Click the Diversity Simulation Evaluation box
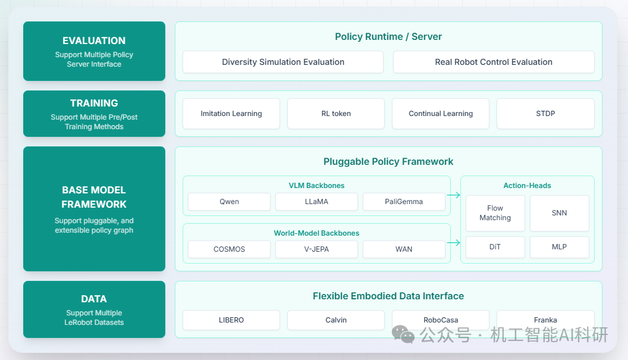(x=283, y=62)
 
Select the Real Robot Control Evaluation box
(x=494, y=62)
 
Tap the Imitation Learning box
(x=231, y=114)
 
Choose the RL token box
(x=336, y=114)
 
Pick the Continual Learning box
(x=441, y=114)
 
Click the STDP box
(x=545, y=114)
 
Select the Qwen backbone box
(x=229, y=202)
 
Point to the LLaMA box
(x=316, y=202)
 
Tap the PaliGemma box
(x=404, y=202)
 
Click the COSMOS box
(x=229, y=249)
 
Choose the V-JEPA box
(x=316, y=249)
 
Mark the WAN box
(x=404, y=249)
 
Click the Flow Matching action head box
(x=495, y=213)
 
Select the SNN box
(x=559, y=213)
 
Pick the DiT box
(x=495, y=247)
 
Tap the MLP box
(x=559, y=247)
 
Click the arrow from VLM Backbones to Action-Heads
(x=454, y=195)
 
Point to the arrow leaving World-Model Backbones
(x=454, y=243)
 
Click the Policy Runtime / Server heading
(x=388, y=37)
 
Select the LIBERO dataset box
(x=231, y=320)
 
